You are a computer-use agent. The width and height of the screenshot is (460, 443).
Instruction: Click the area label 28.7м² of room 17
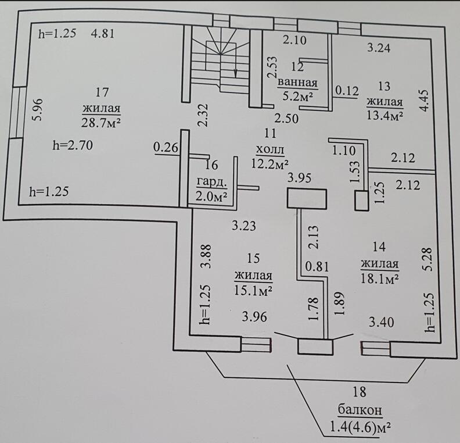[102, 122]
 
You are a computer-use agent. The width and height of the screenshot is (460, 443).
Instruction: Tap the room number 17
[102, 92]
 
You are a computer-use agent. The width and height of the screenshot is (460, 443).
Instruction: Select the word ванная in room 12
[297, 81]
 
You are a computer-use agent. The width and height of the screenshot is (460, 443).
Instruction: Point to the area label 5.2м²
[297, 96]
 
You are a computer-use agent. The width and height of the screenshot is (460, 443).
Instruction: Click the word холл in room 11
[270, 149]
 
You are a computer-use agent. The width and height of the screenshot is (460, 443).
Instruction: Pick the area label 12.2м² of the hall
[270, 163]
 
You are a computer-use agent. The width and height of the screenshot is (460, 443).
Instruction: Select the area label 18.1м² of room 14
[379, 279]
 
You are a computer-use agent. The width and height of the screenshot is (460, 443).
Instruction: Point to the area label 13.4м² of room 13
[384, 115]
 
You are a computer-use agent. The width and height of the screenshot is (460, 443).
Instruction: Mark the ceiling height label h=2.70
[73, 145]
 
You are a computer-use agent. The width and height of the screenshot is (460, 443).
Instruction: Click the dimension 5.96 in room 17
[38, 109]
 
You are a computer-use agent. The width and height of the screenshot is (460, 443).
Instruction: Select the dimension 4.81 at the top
[103, 33]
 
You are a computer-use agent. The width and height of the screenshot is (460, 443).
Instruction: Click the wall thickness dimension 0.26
[166, 148]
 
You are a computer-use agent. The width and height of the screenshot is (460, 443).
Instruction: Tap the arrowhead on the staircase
[235, 73]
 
